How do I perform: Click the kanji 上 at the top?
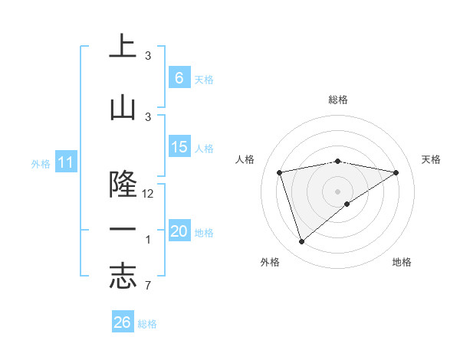click(x=123, y=47)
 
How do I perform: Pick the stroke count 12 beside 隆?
click(x=149, y=194)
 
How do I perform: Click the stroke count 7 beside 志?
click(x=148, y=286)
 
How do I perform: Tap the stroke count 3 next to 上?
click(x=148, y=56)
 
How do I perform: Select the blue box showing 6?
click(x=179, y=77)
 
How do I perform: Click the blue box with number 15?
click(x=179, y=147)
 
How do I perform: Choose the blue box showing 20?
click(x=179, y=231)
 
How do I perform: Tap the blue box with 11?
click(x=65, y=162)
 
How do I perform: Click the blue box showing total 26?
click(x=123, y=322)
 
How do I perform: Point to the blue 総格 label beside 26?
click(x=148, y=324)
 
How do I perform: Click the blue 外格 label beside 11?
click(x=40, y=163)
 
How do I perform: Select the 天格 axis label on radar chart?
click(x=431, y=159)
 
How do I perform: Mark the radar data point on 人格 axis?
click(x=280, y=172)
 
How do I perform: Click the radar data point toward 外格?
click(x=301, y=242)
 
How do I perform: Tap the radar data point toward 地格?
click(x=347, y=204)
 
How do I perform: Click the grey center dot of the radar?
click(x=337, y=190)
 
